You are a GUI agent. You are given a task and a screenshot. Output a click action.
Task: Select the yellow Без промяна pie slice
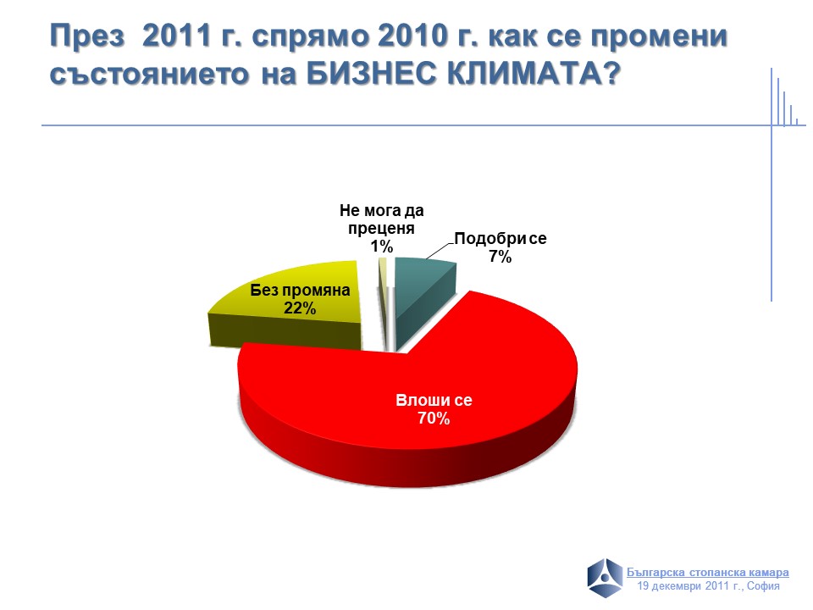coord(290,311)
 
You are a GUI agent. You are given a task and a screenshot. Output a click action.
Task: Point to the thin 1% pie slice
coord(383,301)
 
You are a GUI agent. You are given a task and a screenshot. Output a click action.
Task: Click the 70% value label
coord(434,419)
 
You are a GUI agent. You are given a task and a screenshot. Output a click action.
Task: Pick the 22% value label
coord(300,308)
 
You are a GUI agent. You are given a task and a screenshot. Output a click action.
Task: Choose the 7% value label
coord(500,257)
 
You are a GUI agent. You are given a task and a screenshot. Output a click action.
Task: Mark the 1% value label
coord(382,247)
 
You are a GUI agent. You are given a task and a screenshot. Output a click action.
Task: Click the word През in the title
coord(87,36)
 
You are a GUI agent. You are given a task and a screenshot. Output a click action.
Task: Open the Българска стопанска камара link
coord(708,573)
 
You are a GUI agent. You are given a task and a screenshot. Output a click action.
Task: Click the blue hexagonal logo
coord(605,578)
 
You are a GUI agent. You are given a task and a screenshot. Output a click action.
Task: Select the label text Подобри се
coord(501,239)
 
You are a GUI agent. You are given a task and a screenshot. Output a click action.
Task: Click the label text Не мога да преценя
coord(382,219)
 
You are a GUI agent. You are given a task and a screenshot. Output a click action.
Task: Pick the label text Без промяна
coord(300,290)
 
